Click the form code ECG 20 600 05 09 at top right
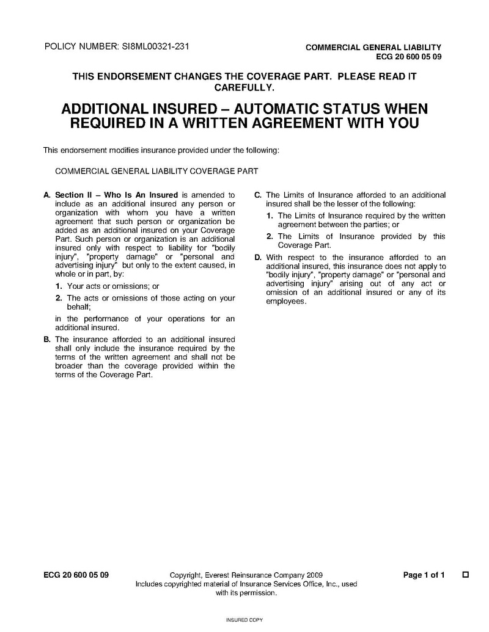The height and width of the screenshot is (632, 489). (408, 57)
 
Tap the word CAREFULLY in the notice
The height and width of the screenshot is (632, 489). (244, 88)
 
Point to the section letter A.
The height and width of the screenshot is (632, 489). (46, 195)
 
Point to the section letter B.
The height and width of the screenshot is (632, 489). (46, 339)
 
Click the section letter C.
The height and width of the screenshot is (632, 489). (258, 195)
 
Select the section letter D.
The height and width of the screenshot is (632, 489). (258, 258)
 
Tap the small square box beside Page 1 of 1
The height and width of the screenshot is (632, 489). (466, 575)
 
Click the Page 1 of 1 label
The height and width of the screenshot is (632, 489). (424, 575)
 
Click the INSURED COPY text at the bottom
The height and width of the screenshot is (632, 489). (244, 620)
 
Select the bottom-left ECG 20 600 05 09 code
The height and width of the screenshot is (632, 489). (76, 575)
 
